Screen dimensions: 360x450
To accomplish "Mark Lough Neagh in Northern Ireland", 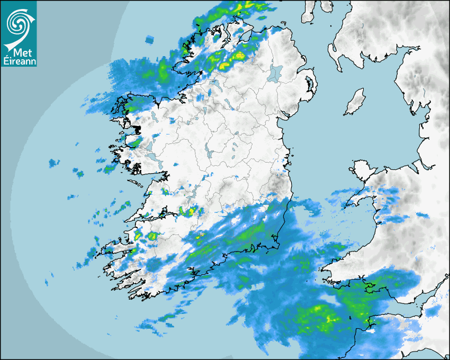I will [x=276, y=73].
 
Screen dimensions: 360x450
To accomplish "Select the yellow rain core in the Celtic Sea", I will [x=331, y=318].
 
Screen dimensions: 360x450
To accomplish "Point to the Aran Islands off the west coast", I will [x=137, y=184].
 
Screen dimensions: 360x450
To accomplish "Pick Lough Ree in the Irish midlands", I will [x=209, y=154].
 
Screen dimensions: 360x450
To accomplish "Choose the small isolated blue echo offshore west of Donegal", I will [x=150, y=39].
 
